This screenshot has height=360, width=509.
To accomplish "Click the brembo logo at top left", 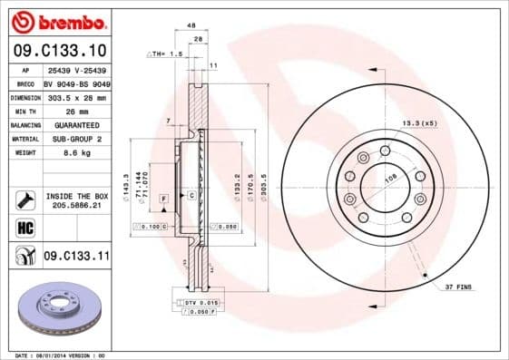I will click(57, 21).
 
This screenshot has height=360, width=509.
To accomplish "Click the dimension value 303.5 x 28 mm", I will click(76, 97).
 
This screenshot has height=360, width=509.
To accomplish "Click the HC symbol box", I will click(24, 228).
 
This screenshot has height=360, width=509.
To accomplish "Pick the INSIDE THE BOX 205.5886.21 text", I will click(76, 199).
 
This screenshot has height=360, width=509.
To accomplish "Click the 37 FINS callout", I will click(459, 287).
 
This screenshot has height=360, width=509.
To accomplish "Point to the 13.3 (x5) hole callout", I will click(417, 123).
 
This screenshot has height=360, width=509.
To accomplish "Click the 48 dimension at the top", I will click(191, 27).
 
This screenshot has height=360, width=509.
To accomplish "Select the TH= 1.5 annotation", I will click(167, 54).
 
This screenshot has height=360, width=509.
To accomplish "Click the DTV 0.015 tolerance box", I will click(201, 301).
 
